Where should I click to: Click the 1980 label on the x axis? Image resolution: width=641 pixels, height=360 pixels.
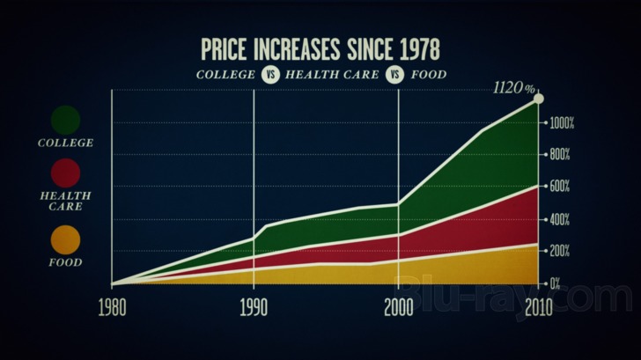[112, 308]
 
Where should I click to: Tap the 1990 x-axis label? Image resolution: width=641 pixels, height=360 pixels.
[254, 308]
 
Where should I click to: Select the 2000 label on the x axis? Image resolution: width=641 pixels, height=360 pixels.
[399, 308]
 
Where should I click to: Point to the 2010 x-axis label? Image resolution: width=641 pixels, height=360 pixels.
[539, 308]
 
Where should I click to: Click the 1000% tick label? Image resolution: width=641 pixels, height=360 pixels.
[562, 123]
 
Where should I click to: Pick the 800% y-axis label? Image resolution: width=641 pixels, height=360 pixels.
[560, 155]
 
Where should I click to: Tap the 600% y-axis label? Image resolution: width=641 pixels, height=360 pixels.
[560, 187]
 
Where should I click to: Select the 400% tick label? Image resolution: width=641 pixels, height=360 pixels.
[560, 220]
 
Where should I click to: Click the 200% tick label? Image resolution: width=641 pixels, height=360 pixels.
[560, 251]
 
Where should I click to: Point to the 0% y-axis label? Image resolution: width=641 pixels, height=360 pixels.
[555, 283]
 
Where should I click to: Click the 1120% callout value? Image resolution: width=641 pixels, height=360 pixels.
[514, 88]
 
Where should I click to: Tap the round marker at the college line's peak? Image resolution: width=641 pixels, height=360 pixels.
[539, 99]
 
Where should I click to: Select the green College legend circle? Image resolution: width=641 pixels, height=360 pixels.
[65, 120]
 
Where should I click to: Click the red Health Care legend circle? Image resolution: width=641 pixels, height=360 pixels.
[65, 173]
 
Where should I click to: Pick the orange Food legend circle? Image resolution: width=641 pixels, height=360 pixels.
[65, 240]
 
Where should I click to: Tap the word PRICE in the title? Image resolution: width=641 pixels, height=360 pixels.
[224, 49]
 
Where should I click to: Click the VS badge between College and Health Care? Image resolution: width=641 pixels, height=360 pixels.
[270, 75]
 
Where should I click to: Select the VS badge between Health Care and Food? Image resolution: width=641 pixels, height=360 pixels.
[394, 75]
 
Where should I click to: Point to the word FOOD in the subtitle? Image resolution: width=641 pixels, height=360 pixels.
[429, 75]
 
